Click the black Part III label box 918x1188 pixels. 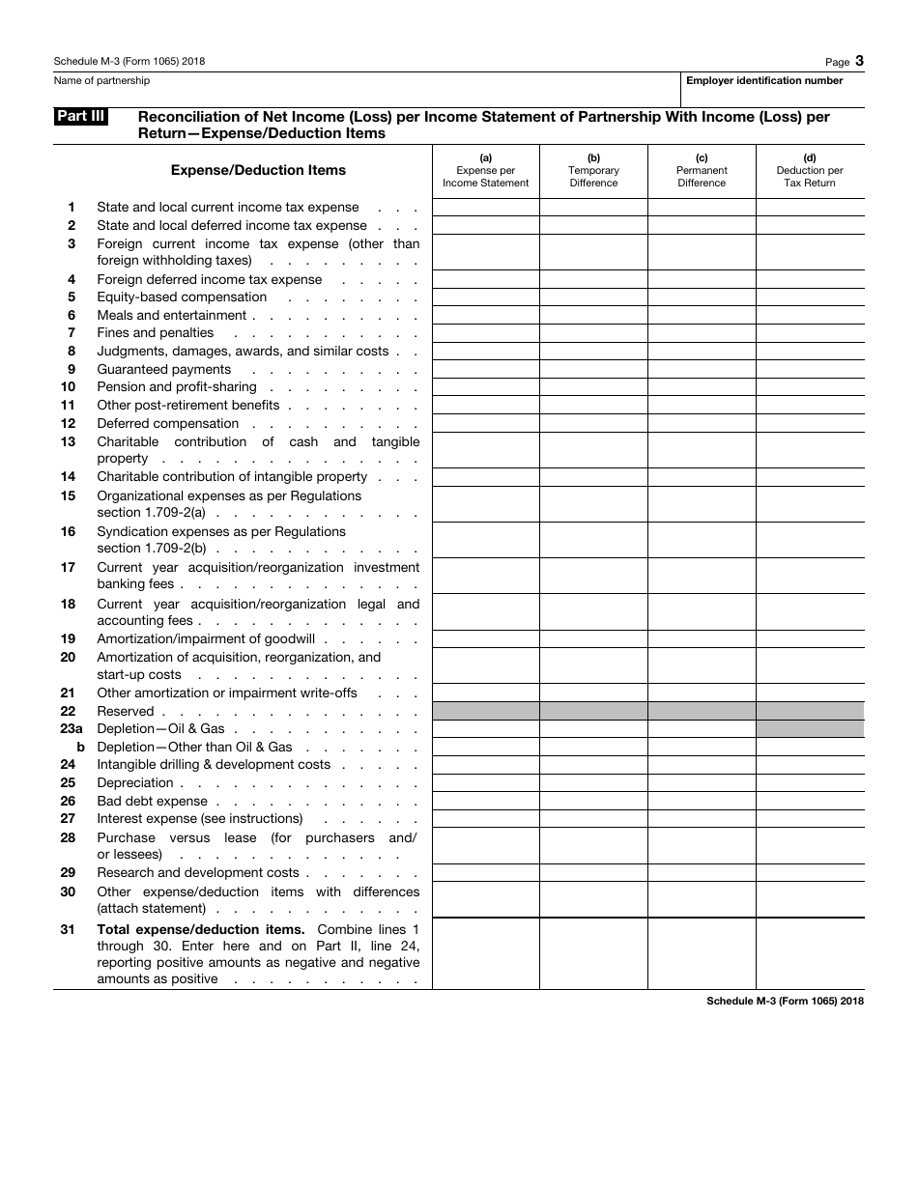[80, 117]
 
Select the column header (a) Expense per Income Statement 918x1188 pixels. [485, 171]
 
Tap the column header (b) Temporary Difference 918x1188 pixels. [593, 171]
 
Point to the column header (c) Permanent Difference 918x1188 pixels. [702, 171]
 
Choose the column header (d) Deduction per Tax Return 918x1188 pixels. [810, 171]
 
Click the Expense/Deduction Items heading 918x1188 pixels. [258, 170]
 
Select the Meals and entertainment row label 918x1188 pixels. [172, 316]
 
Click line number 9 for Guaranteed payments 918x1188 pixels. [72, 370]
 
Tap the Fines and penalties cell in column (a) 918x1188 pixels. [485, 333]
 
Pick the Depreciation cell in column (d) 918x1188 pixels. [810, 783]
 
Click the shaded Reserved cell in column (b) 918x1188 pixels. [593, 711]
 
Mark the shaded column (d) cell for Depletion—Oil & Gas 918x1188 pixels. [810, 729]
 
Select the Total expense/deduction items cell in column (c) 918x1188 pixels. [702, 953]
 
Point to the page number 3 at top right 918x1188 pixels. [859, 60]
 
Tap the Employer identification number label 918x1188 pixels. [764, 81]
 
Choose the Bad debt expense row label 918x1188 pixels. [153, 802]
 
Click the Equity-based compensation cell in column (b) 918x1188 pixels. [593, 297]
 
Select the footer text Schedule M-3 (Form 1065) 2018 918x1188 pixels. [785, 1002]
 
